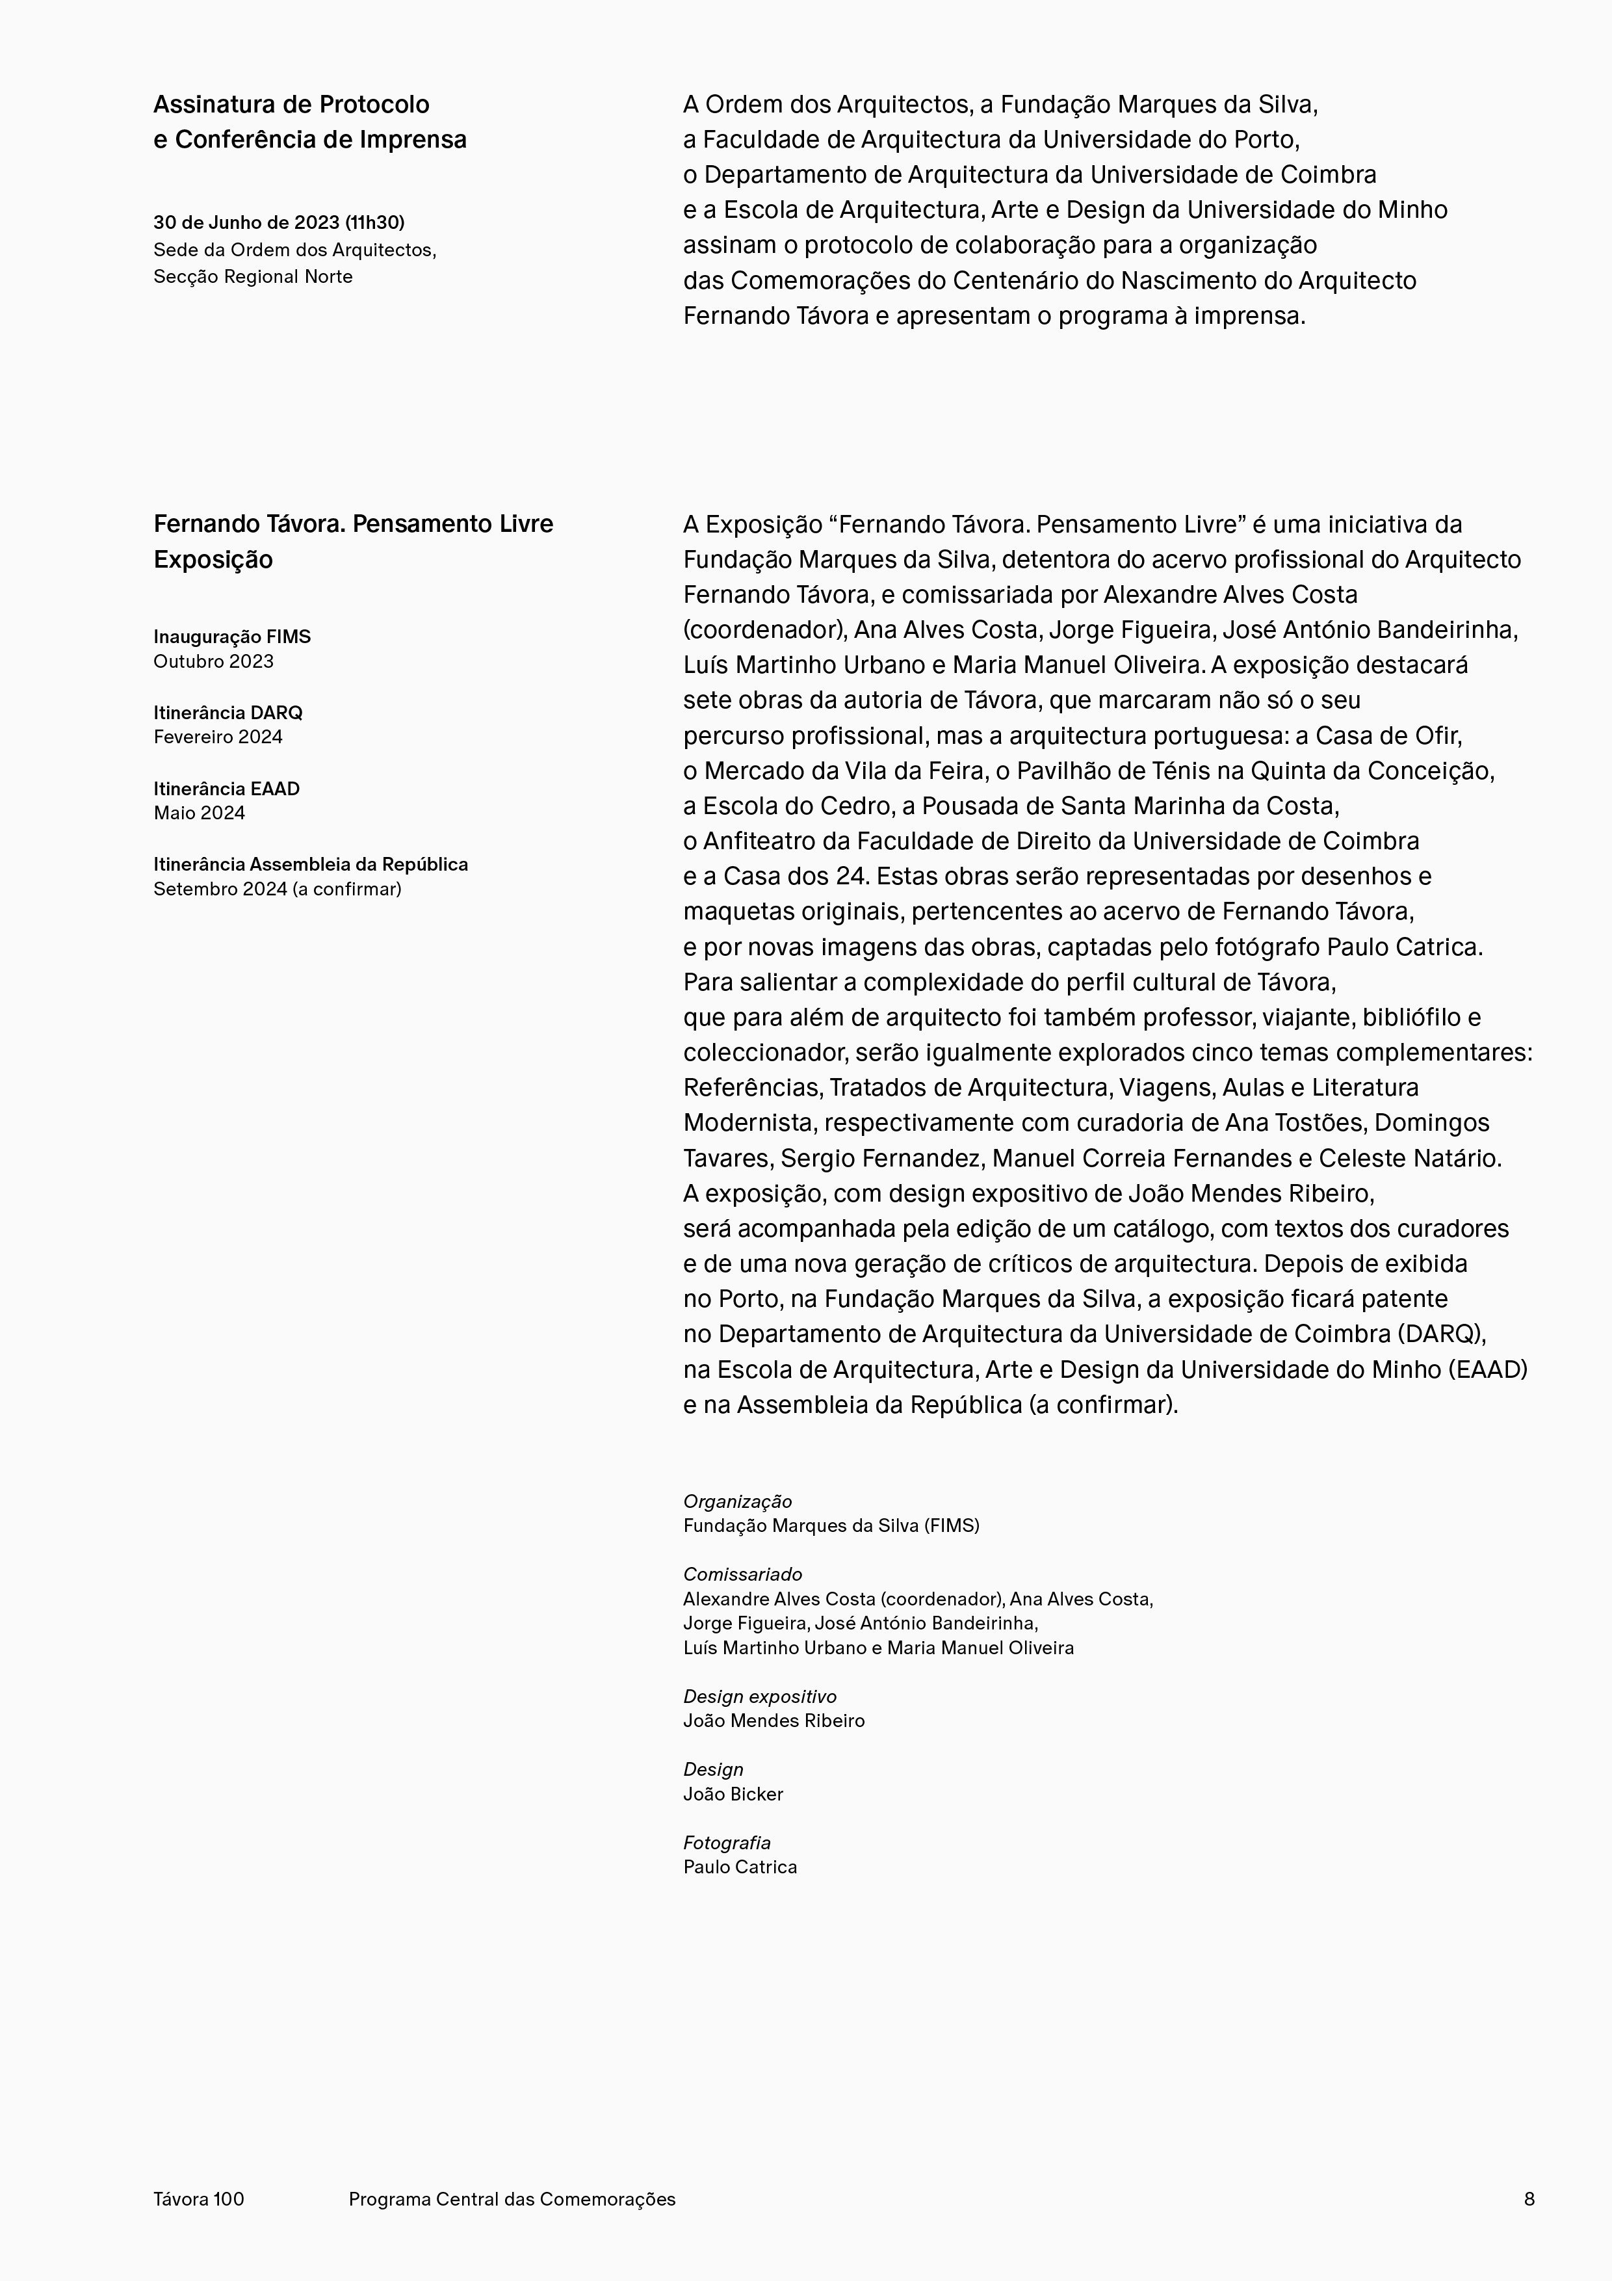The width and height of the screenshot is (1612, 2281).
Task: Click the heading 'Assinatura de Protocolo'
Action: (x=291, y=104)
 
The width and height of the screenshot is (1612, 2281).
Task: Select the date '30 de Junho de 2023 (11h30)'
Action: (x=278, y=222)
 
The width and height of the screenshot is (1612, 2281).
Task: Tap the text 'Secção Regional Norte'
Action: (x=252, y=276)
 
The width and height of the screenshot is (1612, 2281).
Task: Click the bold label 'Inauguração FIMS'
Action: (x=231, y=636)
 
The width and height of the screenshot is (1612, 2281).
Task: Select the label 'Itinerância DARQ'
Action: (x=227, y=712)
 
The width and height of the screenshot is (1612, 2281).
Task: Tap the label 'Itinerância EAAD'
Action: (x=226, y=788)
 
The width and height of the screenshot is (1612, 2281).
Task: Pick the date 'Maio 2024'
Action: (x=199, y=813)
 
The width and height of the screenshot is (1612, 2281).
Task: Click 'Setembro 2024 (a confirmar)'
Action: (x=277, y=888)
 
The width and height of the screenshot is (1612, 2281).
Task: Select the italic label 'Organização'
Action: (x=737, y=1501)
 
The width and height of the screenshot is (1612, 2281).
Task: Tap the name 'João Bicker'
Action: (x=733, y=1793)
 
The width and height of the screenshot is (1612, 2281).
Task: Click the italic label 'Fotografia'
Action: (x=726, y=1842)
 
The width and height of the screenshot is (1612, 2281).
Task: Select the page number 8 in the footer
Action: (x=1529, y=2198)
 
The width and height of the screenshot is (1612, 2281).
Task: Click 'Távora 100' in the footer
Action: (x=199, y=2198)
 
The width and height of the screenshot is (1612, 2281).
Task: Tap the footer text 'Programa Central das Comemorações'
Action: (x=512, y=2198)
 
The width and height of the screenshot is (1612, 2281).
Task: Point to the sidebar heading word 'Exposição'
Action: (x=213, y=559)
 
